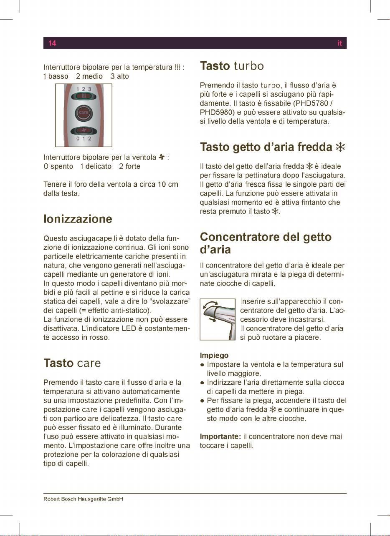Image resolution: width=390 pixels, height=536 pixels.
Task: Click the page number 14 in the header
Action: click(x=52, y=43)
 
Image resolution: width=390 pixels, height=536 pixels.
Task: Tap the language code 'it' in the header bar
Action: click(x=340, y=43)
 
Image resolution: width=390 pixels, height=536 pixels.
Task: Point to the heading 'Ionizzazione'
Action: click(x=78, y=219)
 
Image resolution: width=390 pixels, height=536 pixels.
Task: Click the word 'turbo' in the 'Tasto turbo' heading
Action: click(x=248, y=66)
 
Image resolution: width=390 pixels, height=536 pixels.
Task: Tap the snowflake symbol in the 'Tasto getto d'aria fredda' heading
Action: click(x=340, y=147)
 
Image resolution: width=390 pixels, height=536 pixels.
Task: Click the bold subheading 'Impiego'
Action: click(x=214, y=356)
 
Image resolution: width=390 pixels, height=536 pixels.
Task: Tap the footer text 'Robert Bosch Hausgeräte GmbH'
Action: click(x=84, y=499)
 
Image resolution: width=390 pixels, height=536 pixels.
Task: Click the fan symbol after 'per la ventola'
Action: click(x=160, y=157)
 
